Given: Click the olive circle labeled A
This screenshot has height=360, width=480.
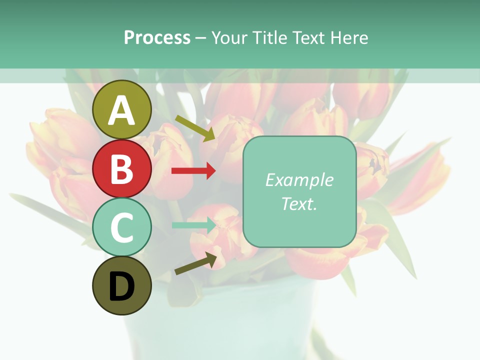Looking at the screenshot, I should click(x=122, y=110).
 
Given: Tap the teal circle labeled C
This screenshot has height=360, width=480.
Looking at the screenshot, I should click(x=122, y=227).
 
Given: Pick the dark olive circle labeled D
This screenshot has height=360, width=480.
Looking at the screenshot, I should click(x=122, y=285).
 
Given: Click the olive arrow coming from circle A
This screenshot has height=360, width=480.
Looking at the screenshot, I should click(x=195, y=128).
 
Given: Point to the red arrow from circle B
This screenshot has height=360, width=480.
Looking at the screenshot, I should click(x=193, y=171).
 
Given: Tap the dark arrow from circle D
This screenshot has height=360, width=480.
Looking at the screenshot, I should click(x=195, y=263).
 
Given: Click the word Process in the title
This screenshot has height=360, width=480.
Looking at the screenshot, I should click(x=157, y=37).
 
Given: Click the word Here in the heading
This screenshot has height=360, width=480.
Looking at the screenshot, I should click(x=349, y=37).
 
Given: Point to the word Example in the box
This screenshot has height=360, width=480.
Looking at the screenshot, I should click(x=299, y=180).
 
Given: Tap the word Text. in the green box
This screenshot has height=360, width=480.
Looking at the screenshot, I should click(x=299, y=203).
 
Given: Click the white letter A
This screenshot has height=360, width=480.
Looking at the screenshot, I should click(x=122, y=110).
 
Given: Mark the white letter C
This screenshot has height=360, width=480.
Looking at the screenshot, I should click(x=122, y=227).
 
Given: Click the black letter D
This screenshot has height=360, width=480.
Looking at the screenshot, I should click(x=122, y=286).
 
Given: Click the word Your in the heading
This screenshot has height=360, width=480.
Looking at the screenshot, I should click(x=229, y=37).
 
